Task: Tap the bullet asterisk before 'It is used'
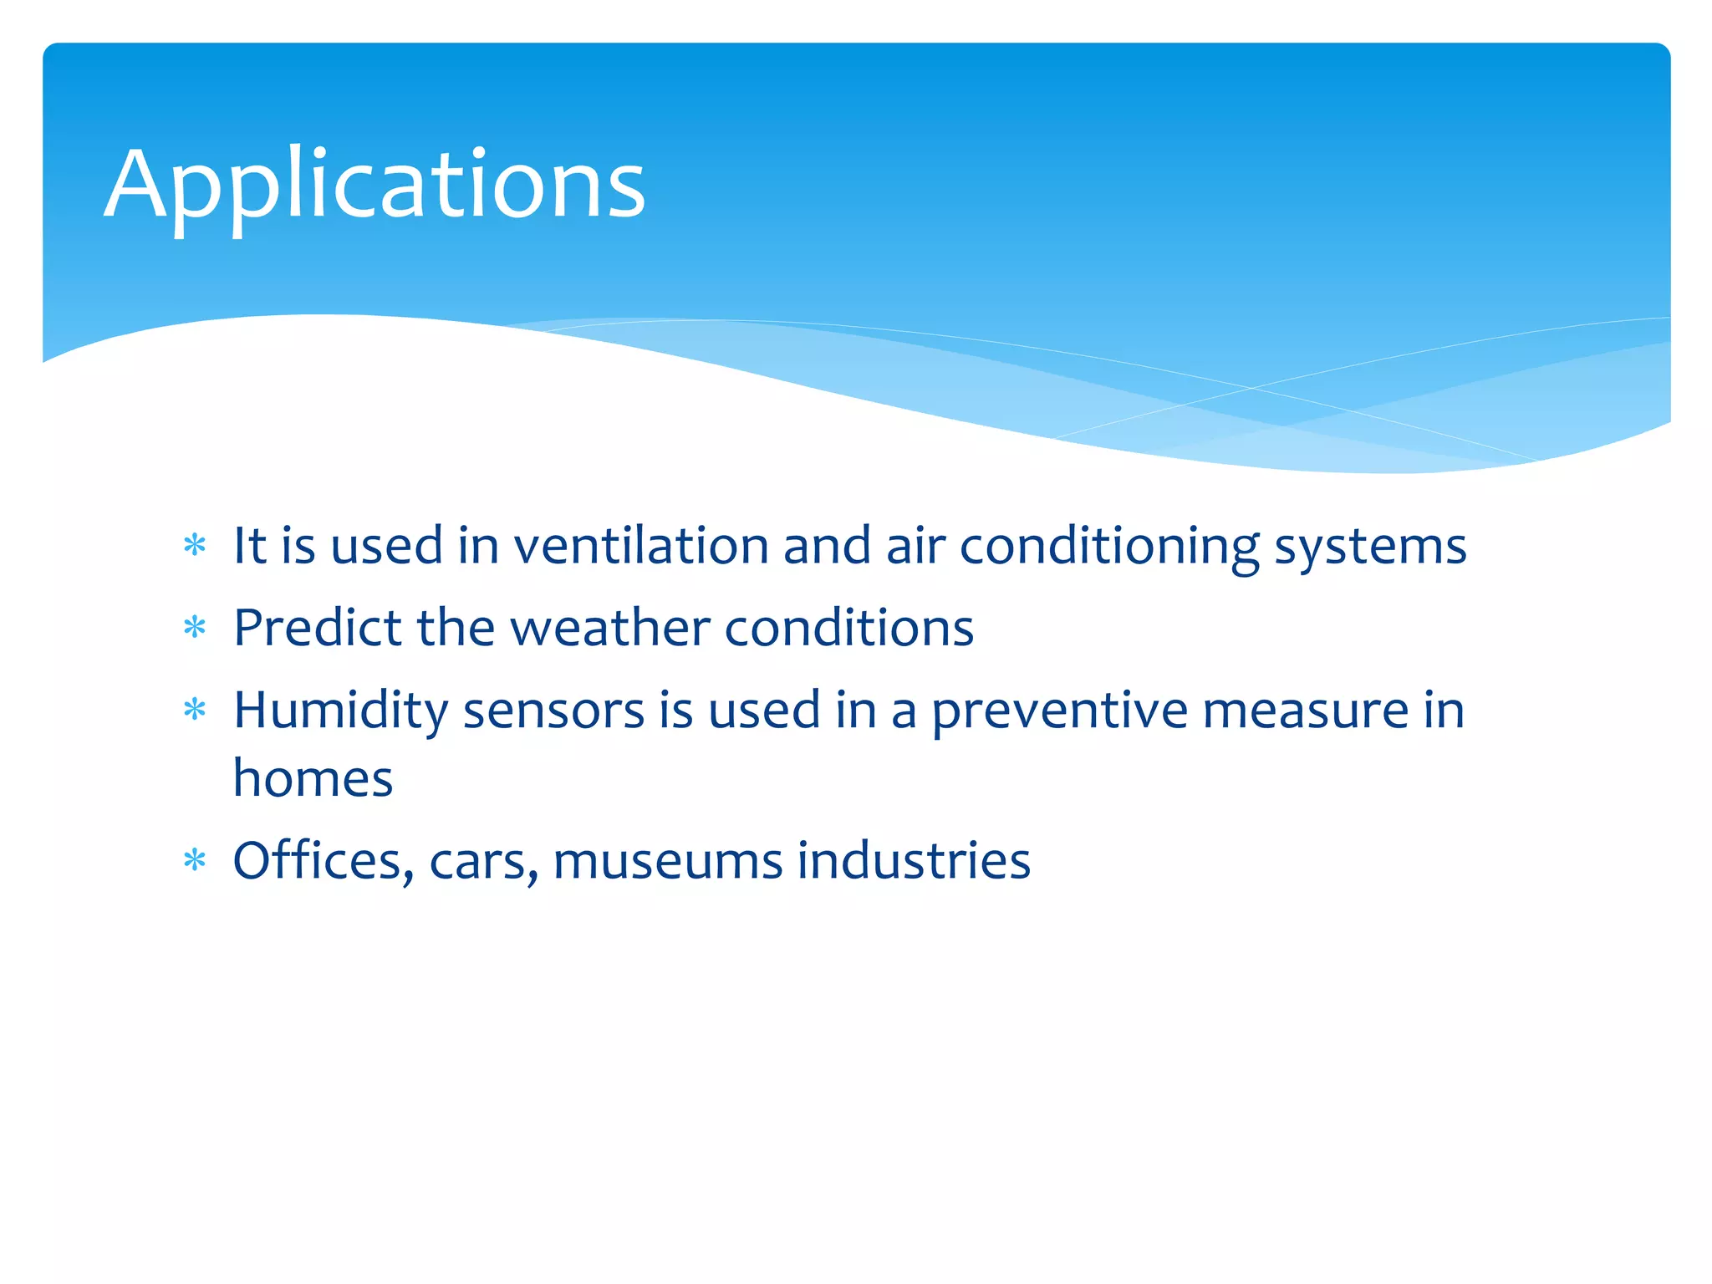[x=195, y=546]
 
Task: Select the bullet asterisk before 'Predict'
[x=195, y=627]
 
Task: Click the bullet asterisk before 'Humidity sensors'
[x=195, y=710]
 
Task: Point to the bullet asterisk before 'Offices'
[x=195, y=859]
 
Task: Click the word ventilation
[x=640, y=546]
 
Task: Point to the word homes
[x=313, y=778]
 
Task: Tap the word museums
[x=667, y=861]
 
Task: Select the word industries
[x=913, y=859]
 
